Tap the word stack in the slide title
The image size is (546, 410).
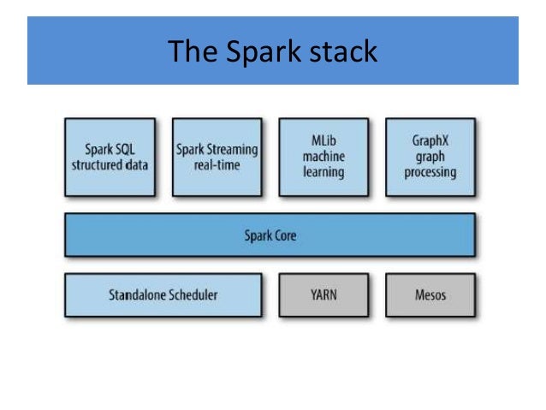(x=338, y=51)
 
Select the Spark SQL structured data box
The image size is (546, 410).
(x=110, y=157)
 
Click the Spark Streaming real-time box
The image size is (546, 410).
(x=217, y=157)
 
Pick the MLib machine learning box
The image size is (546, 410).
(x=323, y=157)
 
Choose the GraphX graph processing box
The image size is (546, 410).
(x=430, y=157)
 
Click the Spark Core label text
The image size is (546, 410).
(x=270, y=235)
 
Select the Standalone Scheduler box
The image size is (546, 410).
(x=163, y=295)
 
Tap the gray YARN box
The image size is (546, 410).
(x=323, y=295)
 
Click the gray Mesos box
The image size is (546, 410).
(x=430, y=295)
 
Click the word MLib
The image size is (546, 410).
(x=323, y=140)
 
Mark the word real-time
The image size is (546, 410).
(x=217, y=164)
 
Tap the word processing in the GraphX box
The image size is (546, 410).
(x=431, y=172)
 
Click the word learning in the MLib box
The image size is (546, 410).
(x=323, y=172)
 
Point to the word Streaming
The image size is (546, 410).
(x=234, y=149)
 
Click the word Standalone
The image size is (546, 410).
(x=135, y=295)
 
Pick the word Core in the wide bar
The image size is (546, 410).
(x=285, y=235)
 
